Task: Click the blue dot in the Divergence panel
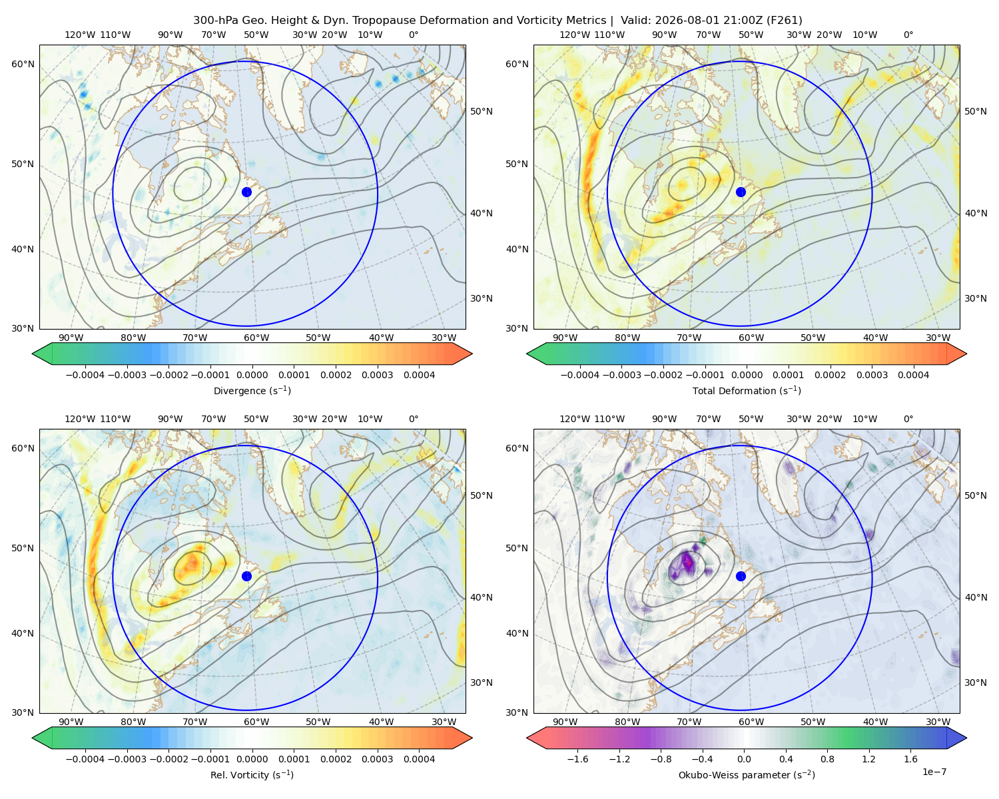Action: click(x=246, y=192)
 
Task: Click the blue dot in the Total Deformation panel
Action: click(x=741, y=192)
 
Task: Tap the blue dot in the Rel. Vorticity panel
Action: click(x=246, y=576)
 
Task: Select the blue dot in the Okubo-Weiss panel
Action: click(x=741, y=576)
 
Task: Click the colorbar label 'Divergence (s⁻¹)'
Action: click(x=252, y=390)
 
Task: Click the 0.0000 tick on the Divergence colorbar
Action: click(x=252, y=375)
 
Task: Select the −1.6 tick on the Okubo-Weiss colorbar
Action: click(x=577, y=758)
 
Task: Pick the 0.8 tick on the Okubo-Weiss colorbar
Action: click(x=827, y=758)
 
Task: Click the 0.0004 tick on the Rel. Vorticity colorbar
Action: click(x=419, y=758)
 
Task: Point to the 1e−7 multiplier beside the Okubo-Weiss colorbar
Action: click(x=934, y=772)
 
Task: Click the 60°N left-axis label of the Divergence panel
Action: click(x=23, y=64)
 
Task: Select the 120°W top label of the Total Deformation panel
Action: click(x=574, y=35)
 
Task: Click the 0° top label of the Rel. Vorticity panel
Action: click(x=414, y=419)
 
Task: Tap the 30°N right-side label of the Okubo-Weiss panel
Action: click(x=976, y=682)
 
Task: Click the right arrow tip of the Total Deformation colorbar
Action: click(x=967, y=354)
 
